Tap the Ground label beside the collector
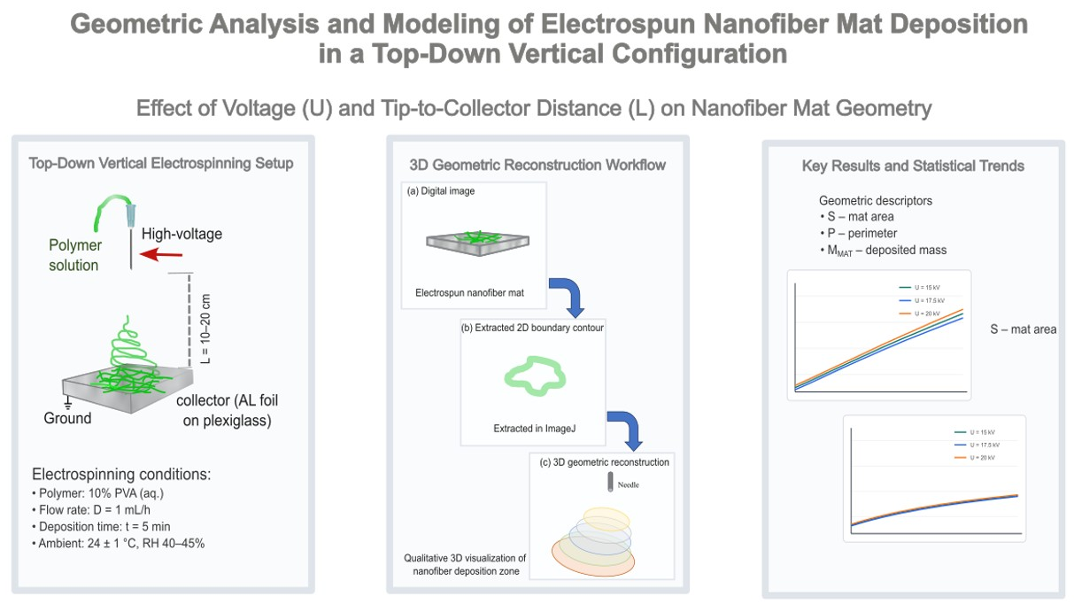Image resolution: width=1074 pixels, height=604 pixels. point(67,417)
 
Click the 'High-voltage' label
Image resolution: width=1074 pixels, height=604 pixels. point(182,235)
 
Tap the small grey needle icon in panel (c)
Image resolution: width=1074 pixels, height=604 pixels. point(610,483)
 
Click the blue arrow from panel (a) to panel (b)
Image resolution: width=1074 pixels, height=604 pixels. point(567,299)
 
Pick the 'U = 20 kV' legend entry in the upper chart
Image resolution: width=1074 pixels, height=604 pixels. point(918,314)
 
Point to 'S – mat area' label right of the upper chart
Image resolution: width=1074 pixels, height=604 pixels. point(1023,329)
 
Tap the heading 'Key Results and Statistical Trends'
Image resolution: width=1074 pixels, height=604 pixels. point(913,166)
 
